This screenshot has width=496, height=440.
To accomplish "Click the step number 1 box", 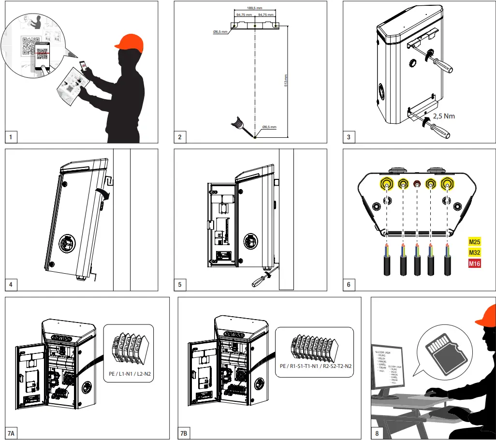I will (11, 137).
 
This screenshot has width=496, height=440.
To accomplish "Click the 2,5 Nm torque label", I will (443, 116).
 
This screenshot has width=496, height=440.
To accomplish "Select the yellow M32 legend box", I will (475, 252).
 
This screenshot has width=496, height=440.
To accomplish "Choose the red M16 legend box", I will (475, 264).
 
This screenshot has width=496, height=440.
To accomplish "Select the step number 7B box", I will (184, 433).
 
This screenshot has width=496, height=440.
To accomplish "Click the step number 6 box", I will (349, 285).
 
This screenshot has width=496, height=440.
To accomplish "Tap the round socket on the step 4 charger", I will (68, 244).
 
